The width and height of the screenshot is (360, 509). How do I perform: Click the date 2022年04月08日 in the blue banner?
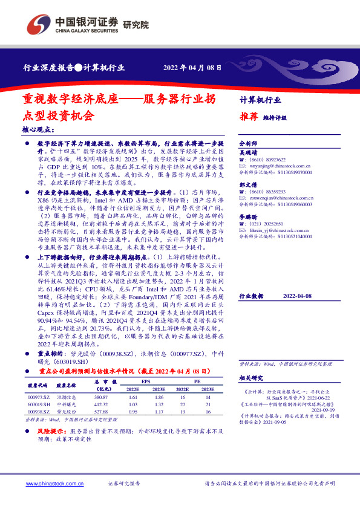(188, 68)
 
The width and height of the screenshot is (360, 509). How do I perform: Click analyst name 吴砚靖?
(248, 154)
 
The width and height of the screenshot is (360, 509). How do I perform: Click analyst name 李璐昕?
(248, 216)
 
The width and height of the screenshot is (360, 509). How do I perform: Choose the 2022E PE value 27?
(182, 404)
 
